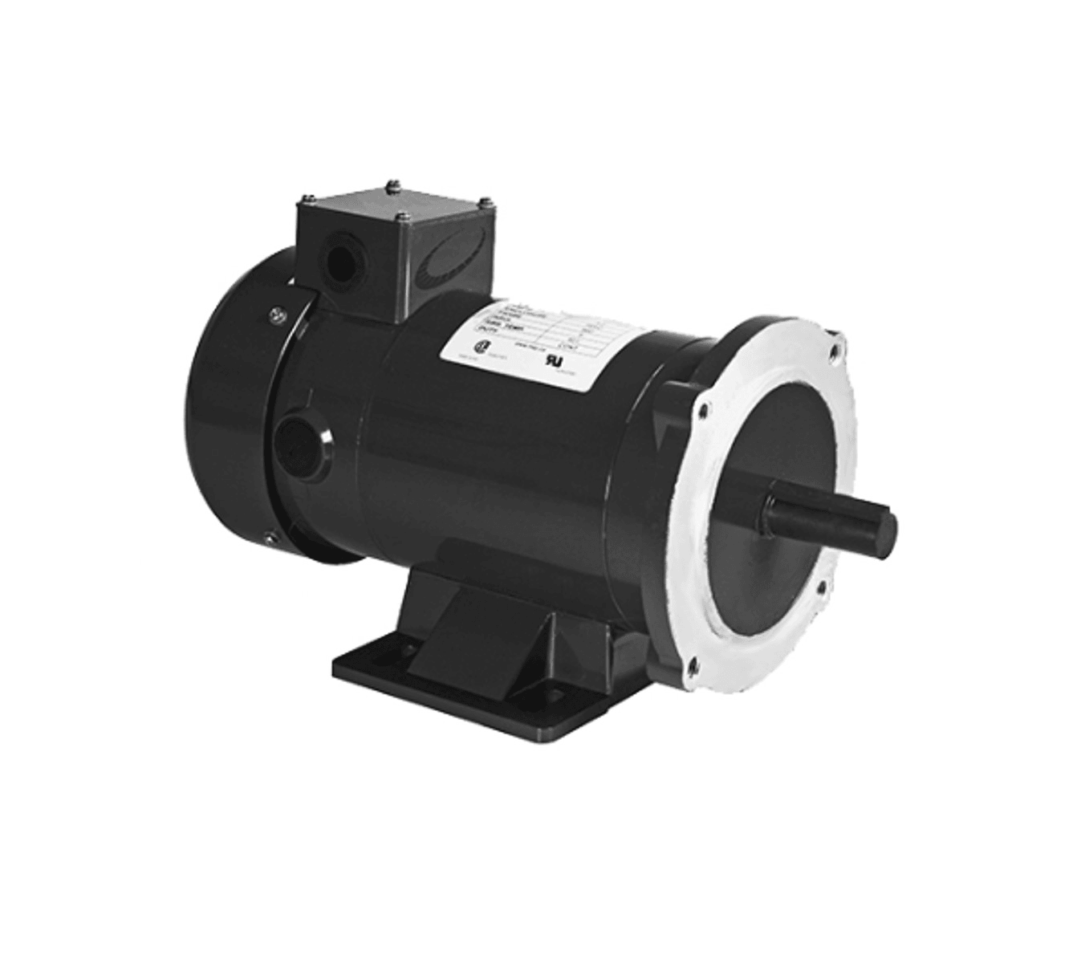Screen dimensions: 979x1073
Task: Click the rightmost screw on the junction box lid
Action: point(486,200)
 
